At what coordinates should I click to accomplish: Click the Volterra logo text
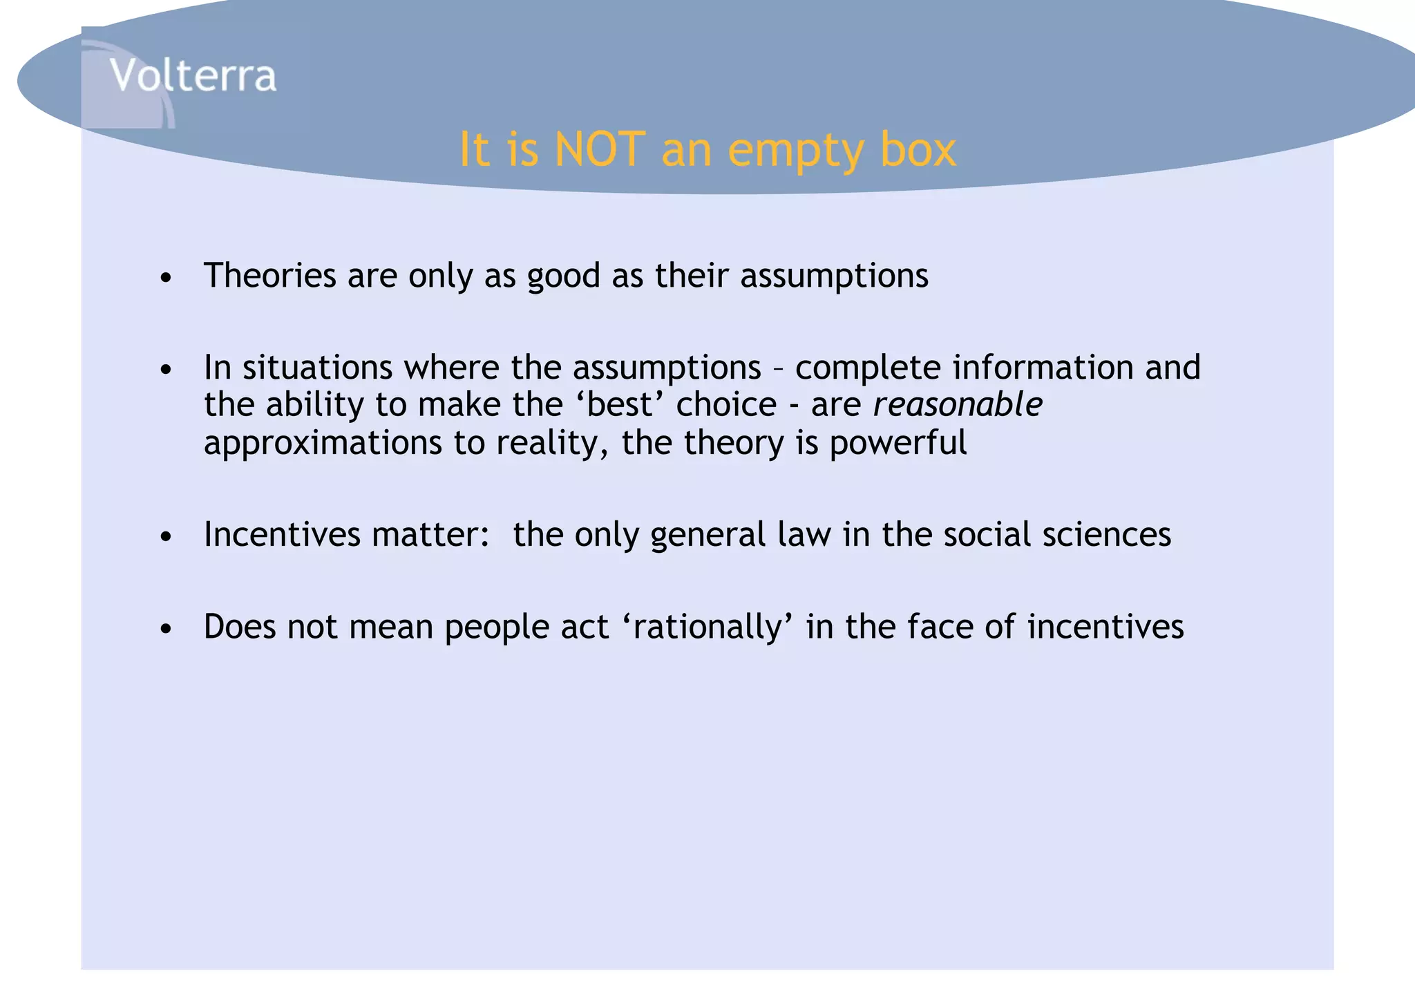[x=193, y=75]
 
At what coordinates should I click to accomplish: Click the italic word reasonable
[x=957, y=404]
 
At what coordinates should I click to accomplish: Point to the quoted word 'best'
[x=620, y=404]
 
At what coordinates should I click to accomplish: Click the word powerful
[x=898, y=442]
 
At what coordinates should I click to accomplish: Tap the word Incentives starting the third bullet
[x=281, y=534]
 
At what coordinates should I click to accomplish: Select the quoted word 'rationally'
[x=707, y=627]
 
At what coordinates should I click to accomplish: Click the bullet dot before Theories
[x=165, y=279]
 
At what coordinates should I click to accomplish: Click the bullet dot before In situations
[x=165, y=370]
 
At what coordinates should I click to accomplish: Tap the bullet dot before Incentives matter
[x=165, y=537]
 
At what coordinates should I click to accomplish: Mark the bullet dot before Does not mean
[x=165, y=630]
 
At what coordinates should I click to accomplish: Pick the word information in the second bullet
[x=1043, y=367]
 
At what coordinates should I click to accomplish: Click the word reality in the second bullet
[x=553, y=442]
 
